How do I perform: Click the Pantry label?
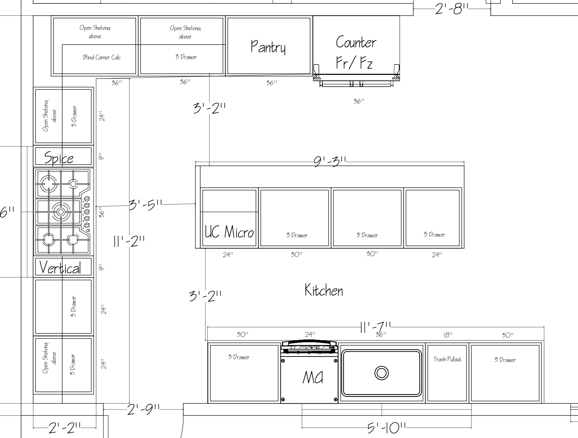click(268, 47)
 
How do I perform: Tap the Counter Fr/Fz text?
click(356, 52)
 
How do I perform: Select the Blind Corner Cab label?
click(102, 57)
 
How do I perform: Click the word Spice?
click(59, 158)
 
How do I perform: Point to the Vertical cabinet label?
click(60, 267)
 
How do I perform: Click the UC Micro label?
click(229, 232)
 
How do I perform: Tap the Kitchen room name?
click(324, 290)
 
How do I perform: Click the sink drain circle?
click(382, 373)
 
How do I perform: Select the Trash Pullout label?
click(447, 359)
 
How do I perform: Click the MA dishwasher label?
click(313, 377)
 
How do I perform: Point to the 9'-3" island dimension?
click(330, 162)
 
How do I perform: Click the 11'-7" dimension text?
click(376, 327)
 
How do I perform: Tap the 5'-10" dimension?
click(386, 428)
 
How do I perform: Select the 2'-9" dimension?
click(144, 409)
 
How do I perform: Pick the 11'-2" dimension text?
click(129, 241)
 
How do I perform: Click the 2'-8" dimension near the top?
click(452, 9)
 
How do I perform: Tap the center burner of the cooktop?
click(61, 212)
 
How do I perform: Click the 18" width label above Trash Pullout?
click(448, 335)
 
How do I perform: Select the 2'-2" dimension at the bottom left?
click(65, 428)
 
